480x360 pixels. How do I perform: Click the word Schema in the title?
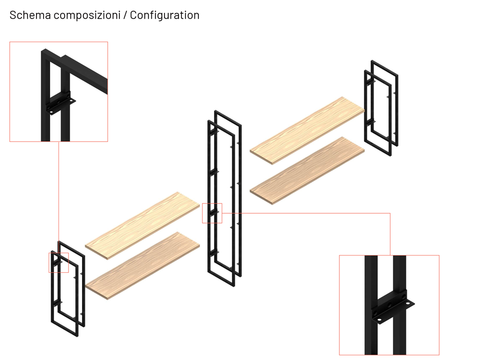coord(30,15)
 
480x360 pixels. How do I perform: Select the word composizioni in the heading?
coord(87,15)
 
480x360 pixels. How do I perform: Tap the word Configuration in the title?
coord(165,15)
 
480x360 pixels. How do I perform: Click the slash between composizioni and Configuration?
coord(125,15)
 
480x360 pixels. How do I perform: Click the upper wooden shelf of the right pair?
coord(307,131)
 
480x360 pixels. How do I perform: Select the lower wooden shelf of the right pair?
coord(307,171)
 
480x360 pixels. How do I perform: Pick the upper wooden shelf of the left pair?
coord(142,225)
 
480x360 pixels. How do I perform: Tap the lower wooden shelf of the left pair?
coord(142,266)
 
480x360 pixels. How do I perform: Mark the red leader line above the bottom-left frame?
coord(59,197)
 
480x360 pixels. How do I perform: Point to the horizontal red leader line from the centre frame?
coord(306,213)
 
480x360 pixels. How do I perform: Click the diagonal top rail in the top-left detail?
coord(86,74)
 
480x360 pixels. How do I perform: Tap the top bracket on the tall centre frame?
coord(213,132)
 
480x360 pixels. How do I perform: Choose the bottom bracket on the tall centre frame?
coord(213,252)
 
